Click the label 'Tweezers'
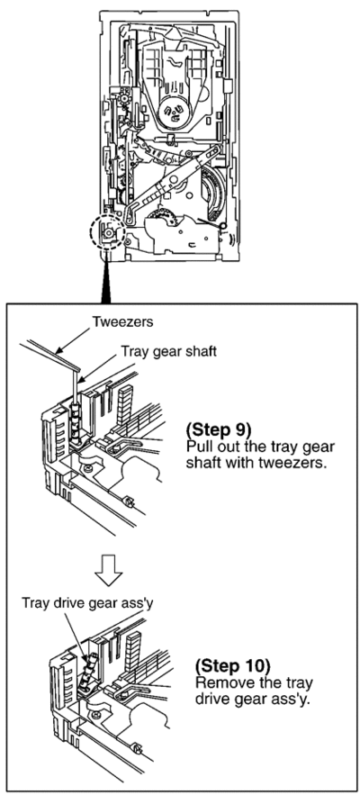coord(122,321)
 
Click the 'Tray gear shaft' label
coord(169,351)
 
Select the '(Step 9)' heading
coord(219,430)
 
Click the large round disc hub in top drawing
coord(174,112)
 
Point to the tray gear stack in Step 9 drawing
coord(76,422)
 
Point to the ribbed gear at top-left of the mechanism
coord(122,96)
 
